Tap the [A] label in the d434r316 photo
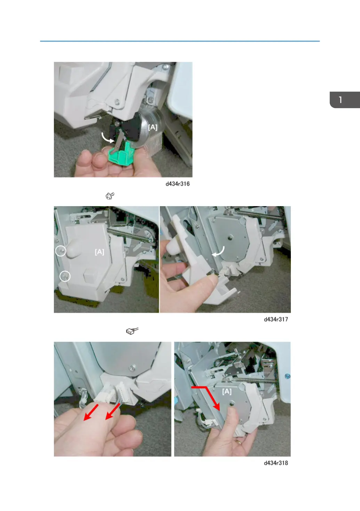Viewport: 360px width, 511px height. pos(153,127)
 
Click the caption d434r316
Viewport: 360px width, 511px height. pos(177,184)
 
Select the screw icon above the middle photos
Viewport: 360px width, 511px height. pos(110,196)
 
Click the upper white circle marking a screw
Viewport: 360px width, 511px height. pos(61,251)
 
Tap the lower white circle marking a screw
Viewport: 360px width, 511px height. pos(65,276)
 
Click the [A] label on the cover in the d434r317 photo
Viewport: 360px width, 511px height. pos(99,252)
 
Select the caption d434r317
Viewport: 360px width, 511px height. pos(276,319)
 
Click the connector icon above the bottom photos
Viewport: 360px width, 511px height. pos(132,331)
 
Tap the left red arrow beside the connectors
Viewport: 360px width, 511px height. pos(91,412)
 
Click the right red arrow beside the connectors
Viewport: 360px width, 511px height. pos(112,412)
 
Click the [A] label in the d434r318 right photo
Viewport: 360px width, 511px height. pos(227,391)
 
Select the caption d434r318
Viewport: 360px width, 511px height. pos(276,463)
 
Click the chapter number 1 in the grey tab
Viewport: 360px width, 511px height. pos(341,100)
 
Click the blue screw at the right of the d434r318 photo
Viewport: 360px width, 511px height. pos(287,376)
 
